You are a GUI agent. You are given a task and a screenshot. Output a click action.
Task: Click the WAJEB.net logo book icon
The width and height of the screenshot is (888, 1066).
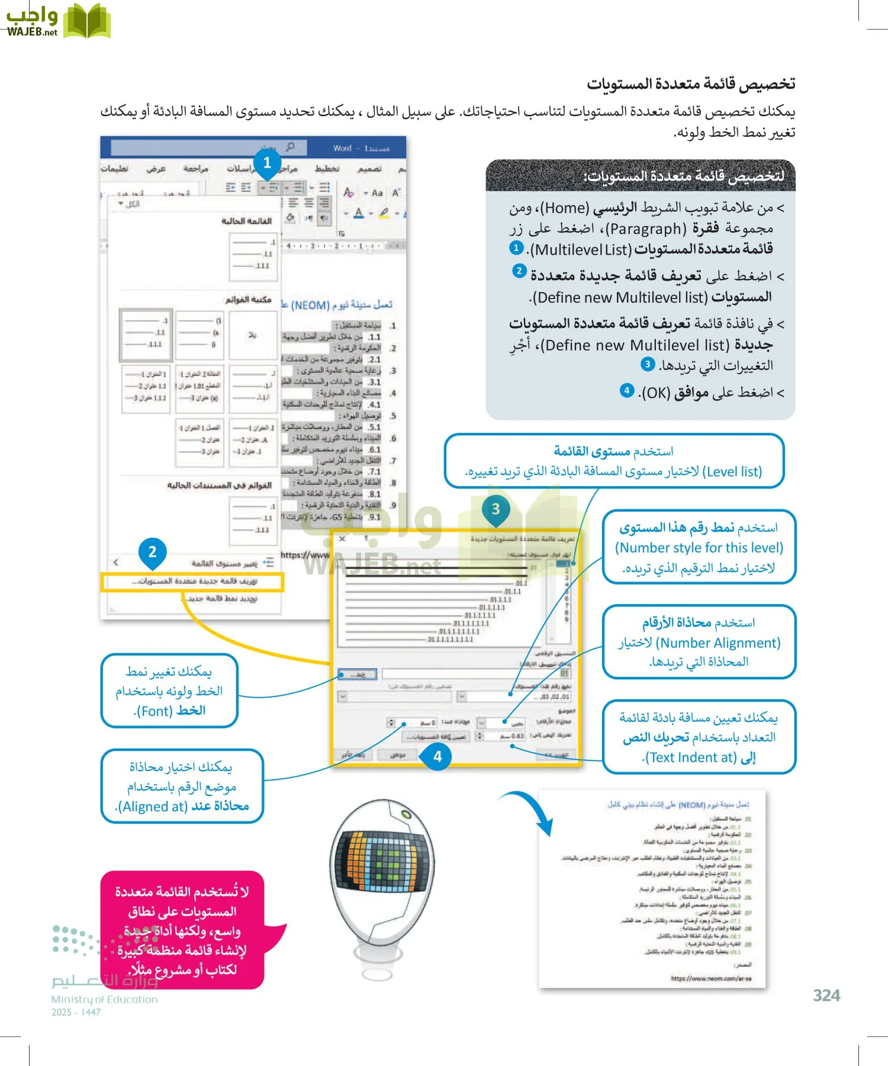click(86, 21)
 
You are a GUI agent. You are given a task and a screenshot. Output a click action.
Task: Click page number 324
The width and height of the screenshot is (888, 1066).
click(826, 996)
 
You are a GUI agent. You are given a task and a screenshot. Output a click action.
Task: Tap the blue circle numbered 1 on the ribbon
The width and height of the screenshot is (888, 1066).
click(267, 163)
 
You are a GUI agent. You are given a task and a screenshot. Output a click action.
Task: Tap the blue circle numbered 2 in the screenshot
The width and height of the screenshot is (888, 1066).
click(152, 552)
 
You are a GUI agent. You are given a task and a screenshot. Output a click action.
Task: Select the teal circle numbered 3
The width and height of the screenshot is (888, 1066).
click(496, 509)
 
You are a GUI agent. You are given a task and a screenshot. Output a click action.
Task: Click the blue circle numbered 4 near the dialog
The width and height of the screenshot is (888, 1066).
click(437, 756)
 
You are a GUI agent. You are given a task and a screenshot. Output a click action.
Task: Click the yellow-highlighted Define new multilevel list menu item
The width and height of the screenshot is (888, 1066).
click(193, 582)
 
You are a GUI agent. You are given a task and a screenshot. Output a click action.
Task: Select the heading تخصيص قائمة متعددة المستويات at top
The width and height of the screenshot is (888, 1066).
click(690, 84)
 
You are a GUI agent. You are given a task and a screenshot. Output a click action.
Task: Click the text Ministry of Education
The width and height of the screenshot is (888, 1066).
click(105, 1000)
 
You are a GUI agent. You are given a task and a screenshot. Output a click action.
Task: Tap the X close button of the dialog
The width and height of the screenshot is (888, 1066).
click(342, 539)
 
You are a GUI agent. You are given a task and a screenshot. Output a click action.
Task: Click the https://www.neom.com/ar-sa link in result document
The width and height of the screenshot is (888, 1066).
click(711, 979)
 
